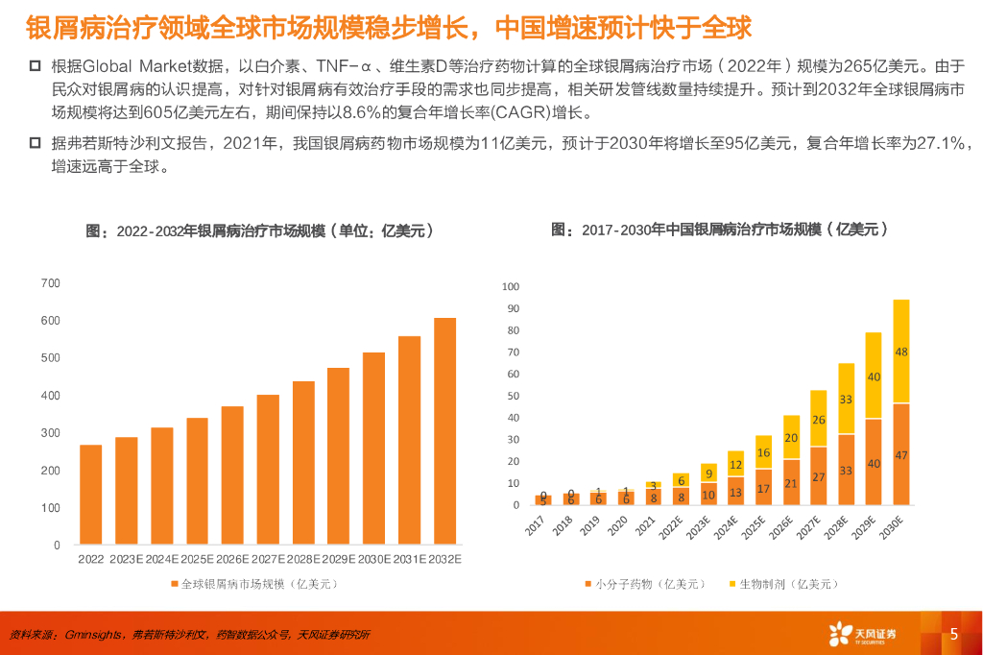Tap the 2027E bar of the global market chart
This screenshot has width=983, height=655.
tap(268, 470)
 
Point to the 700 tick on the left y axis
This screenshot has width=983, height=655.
tap(51, 283)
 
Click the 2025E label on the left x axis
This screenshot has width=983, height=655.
tap(197, 559)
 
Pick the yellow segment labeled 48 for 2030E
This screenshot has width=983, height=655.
tap(900, 352)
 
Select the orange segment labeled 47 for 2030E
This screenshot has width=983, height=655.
tap(900, 454)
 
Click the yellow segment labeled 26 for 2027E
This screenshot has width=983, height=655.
tap(818, 419)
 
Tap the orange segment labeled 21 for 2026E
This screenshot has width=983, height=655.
tap(791, 482)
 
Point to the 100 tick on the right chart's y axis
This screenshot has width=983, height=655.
tap(510, 287)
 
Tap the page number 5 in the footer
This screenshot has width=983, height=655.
tap(953, 634)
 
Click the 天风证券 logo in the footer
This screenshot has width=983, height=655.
tap(862, 634)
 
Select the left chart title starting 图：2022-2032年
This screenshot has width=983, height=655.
tap(260, 231)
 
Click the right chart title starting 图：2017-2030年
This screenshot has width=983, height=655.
tap(719, 230)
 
